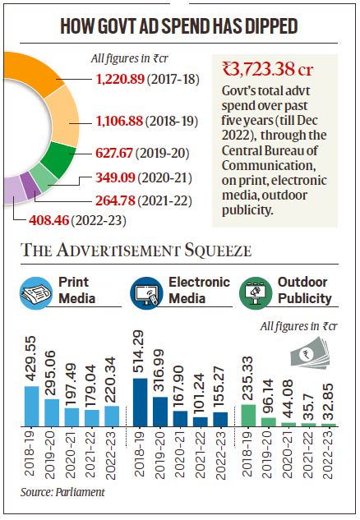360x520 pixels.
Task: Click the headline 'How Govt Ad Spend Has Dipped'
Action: (x=179, y=26)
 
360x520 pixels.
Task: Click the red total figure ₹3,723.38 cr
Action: (x=277, y=68)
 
